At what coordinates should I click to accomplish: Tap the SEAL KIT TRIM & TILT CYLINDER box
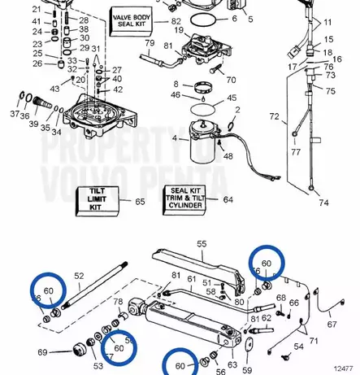pyautogui.click(x=184, y=200)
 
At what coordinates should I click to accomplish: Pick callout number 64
pyautogui.click(x=228, y=199)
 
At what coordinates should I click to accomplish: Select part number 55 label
pyautogui.click(x=202, y=242)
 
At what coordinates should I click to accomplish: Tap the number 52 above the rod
pyautogui.click(x=79, y=276)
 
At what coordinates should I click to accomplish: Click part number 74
pyautogui.click(x=324, y=203)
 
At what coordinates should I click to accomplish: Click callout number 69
pyautogui.click(x=43, y=352)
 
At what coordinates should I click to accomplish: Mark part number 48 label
pyautogui.click(x=228, y=155)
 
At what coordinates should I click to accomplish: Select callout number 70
pyautogui.click(x=231, y=80)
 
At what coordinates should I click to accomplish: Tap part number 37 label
pyautogui.click(x=14, y=115)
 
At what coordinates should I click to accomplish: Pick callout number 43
pyautogui.click(x=55, y=88)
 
